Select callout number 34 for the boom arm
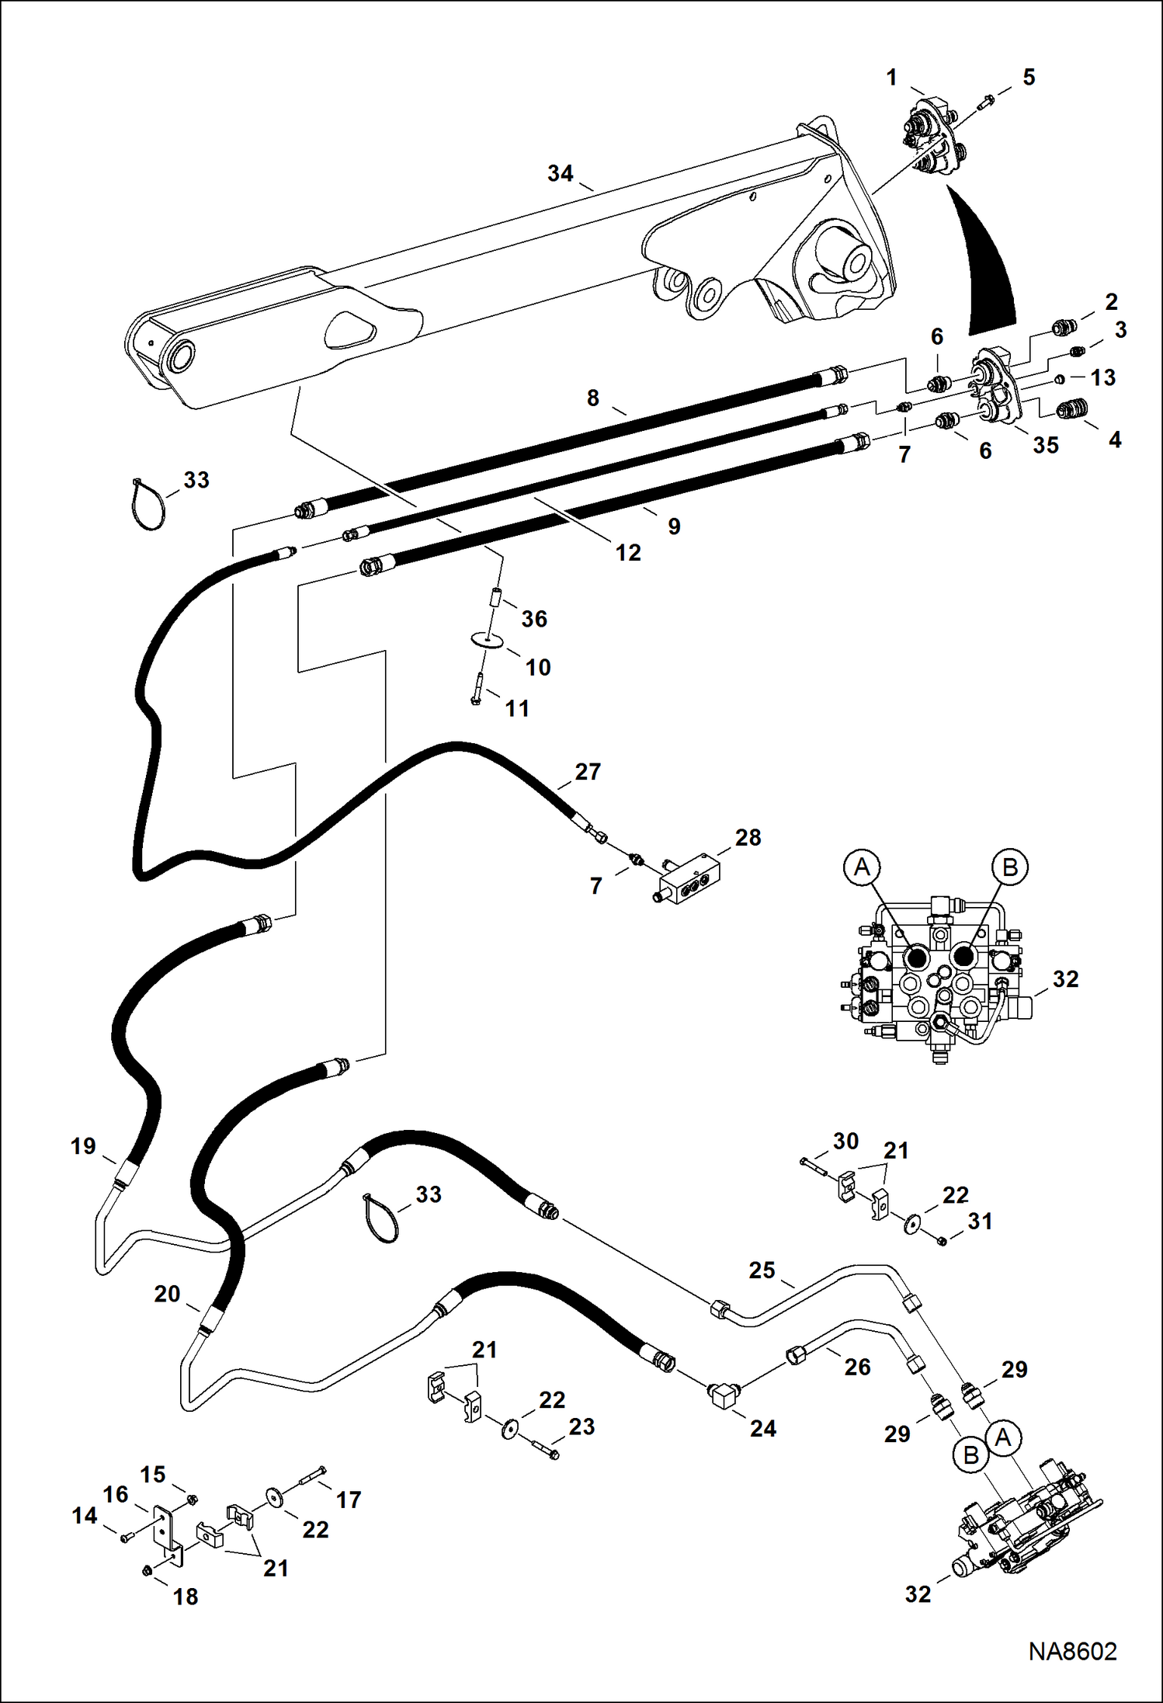(x=560, y=173)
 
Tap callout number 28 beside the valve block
(x=748, y=837)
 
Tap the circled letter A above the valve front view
(x=862, y=867)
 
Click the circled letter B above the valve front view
(x=1009, y=867)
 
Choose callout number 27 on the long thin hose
(x=588, y=772)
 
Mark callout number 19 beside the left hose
(x=83, y=1146)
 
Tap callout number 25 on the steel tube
(x=762, y=1270)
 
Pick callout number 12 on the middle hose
(x=628, y=553)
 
